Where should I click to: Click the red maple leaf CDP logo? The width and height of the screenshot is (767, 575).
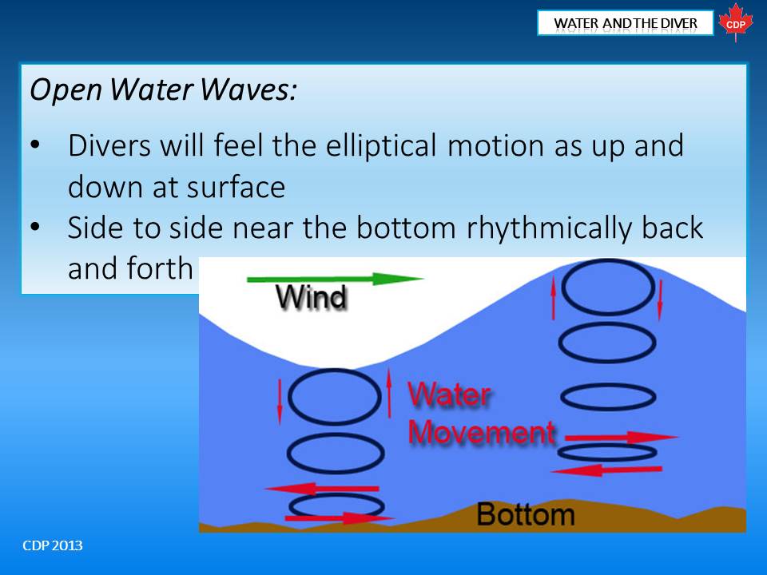(x=736, y=22)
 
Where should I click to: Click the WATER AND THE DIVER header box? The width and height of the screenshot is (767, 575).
(x=625, y=23)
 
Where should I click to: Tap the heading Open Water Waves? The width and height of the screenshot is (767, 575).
(x=163, y=90)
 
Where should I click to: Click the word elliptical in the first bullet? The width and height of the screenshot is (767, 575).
(x=381, y=145)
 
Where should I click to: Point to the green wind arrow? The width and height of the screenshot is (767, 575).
(x=335, y=279)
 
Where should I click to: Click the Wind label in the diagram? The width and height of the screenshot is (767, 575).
(x=311, y=296)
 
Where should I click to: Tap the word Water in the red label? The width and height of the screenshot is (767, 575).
(x=449, y=394)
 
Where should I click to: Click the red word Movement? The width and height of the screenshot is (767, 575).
(x=481, y=432)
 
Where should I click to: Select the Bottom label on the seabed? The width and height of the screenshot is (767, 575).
(x=526, y=514)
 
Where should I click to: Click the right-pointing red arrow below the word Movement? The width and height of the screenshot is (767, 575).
(x=622, y=437)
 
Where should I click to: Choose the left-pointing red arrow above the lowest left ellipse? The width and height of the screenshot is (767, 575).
(x=321, y=489)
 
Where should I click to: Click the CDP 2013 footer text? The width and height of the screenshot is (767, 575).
(x=53, y=545)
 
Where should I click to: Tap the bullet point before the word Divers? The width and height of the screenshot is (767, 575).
(x=34, y=145)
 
